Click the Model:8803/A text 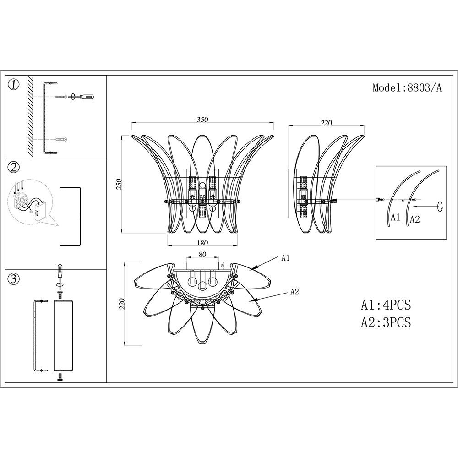pyautogui.click(x=407, y=87)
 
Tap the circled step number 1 pyautogui.click(x=14, y=85)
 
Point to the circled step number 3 pyautogui.click(x=14, y=279)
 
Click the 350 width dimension pyautogui.click(x=202, y=120)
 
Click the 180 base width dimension pyautogui.click(x=202, y=243)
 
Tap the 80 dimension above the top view pyautogui.click(x=202, y=254)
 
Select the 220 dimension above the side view pyautogui.click(x=326, y=123)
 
